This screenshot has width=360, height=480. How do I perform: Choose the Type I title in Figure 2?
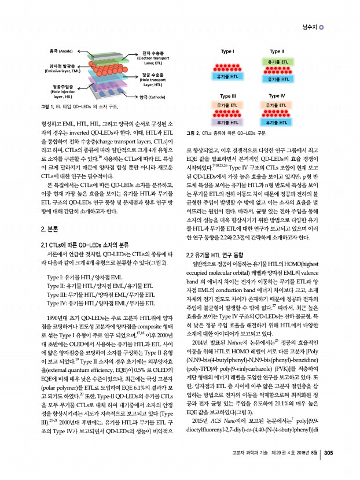pyautogui.click(x=227, y=51)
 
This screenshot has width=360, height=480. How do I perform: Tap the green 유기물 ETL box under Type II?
pyautogui.click(x=277, y=61)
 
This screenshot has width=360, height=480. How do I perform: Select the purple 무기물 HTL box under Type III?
pyautogui.click(x=227, y=123)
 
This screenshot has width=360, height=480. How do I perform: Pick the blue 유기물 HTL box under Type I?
pyautogui.click(x=227, y=76)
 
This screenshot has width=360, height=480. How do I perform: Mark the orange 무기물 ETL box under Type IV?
pyautogui.click(x=277, y=105)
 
